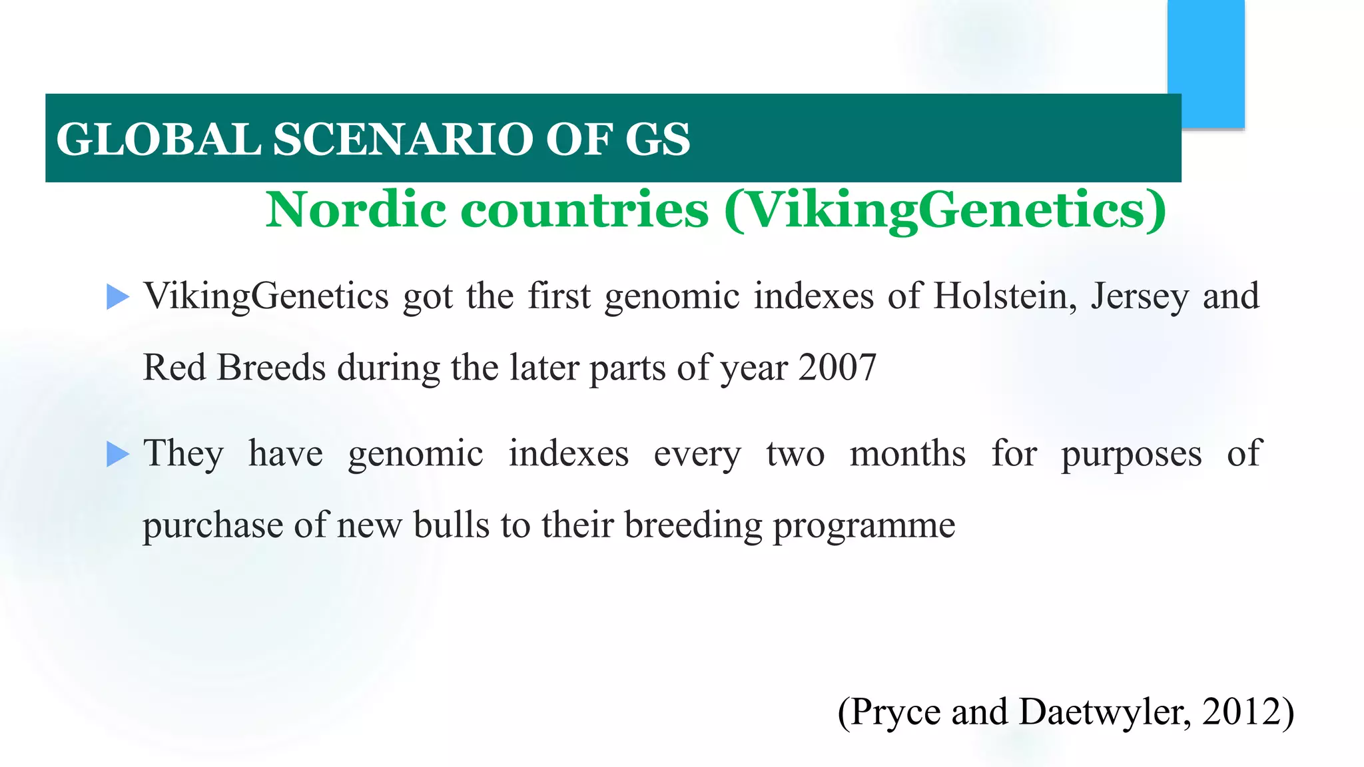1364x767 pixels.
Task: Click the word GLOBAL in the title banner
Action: (159, 139)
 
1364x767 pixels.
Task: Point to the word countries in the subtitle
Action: (584, 210)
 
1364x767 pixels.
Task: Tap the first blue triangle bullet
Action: (117, 297)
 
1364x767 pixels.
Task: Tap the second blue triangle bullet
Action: (117, 455)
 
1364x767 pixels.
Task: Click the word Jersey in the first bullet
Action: (1139, 297)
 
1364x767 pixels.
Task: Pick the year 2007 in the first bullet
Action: (837, 368)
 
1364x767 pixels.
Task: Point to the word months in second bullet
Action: (907, 454)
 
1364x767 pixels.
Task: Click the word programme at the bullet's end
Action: (864, 526)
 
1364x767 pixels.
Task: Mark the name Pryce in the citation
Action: (895, 712)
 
